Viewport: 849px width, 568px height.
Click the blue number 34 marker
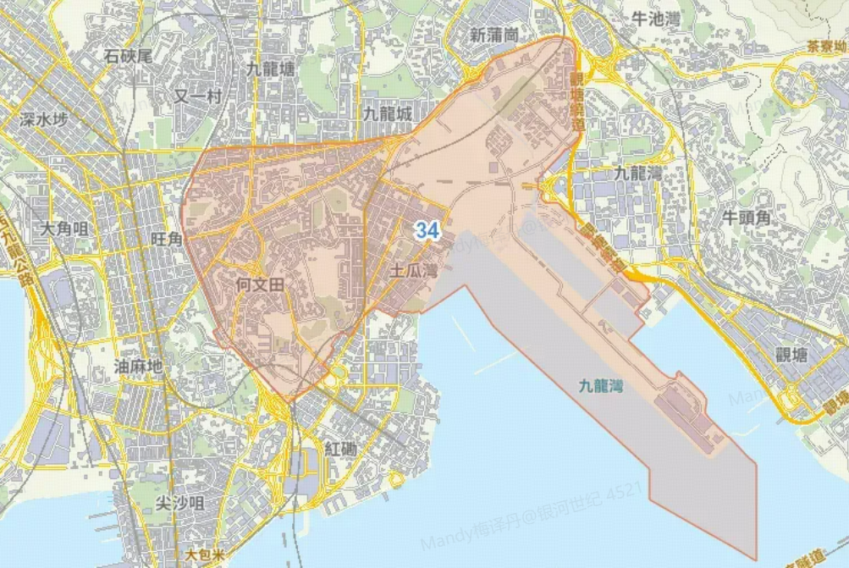[427, 229]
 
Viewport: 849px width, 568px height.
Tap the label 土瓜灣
[413, 272]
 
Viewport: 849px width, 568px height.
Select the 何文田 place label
[260, 284]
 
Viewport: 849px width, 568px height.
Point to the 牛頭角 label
[747, 218]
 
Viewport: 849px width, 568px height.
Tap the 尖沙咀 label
[179, 504]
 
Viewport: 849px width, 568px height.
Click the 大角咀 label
[64, 229]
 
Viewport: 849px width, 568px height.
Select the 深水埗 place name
[43, 119]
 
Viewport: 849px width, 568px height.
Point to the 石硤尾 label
[128, 56]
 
